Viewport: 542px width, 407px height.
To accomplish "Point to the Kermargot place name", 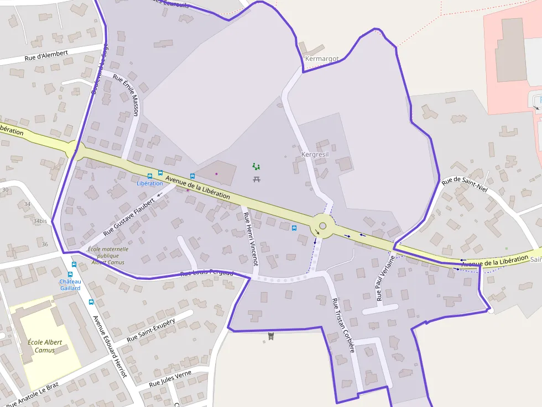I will click(x=322, y=59).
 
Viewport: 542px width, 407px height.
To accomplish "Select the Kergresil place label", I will click(x=315, y=155).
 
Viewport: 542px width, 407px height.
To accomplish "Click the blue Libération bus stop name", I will click(x=150, y=183).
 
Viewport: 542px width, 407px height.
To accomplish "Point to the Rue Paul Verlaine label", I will click(x=386, y=278).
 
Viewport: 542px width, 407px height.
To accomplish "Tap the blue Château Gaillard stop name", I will click(x=70, y=285).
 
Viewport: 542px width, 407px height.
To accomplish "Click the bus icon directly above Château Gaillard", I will click(x=71, y=274).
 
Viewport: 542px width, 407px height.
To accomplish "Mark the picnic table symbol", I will click(x=257, y=179).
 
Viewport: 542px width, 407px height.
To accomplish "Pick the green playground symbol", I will click(x=256, y=166).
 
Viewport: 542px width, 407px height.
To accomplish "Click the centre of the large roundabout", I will click(x=322, y=225).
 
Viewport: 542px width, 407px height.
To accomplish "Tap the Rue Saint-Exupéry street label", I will click(x=151, y=330).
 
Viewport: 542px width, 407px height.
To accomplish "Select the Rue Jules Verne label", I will click(x=170, y=379).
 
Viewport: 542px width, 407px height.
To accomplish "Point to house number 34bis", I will click(x=40, y=221).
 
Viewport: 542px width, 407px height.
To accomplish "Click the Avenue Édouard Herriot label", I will click(x=110, y=346).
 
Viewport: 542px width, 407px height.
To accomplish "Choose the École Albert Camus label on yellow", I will click(x=45, y=346).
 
